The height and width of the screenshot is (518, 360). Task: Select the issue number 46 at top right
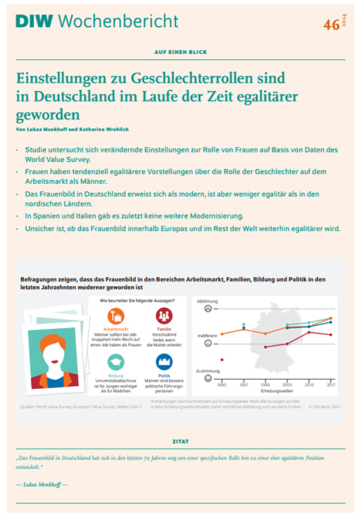330,24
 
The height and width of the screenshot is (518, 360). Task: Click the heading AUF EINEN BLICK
180,53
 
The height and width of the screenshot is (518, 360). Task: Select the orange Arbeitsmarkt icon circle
113,315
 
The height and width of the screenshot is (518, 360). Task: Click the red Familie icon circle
163,315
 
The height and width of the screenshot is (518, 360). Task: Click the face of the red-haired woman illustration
51,349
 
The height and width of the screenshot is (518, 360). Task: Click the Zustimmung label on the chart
207,370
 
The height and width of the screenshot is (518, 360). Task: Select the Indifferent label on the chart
207,336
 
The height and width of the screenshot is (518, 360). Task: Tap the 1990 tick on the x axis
222,384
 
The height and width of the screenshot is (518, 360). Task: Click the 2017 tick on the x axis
331,384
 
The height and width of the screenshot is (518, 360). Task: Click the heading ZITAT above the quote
180,441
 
